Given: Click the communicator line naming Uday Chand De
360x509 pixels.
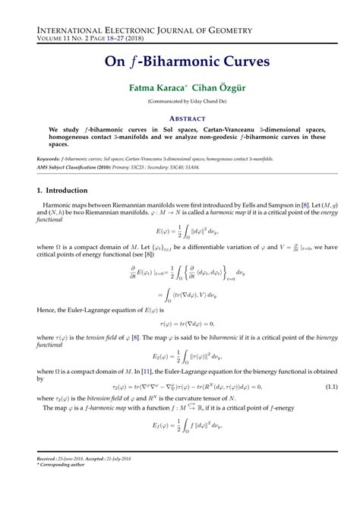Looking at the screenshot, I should [x=180, y=103].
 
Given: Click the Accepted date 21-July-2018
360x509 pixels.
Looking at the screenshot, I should [x=144, y=481].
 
